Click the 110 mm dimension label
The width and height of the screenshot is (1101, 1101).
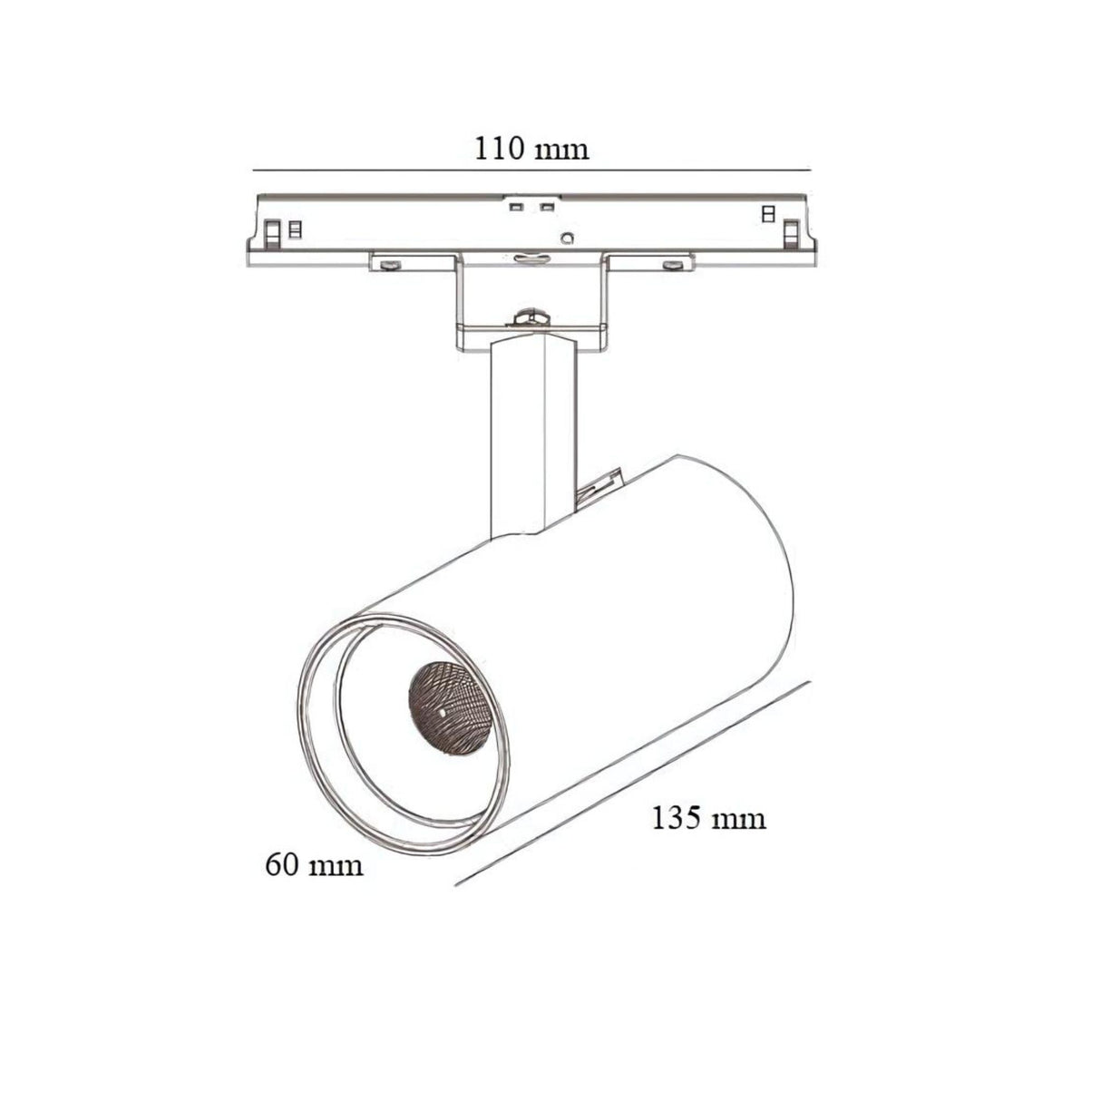coord(531,147)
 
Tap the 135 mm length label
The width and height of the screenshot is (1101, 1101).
coord(708,818)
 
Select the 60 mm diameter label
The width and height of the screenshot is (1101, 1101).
coord(314,864)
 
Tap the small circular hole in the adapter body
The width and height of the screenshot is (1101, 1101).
coord(568,239)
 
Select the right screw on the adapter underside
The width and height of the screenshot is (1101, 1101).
coord(672,265)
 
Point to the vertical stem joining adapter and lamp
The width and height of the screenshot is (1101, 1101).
coord(533,435)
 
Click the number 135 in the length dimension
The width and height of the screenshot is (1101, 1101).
coord(677,818)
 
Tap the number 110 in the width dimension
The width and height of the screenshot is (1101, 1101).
coord(500,147)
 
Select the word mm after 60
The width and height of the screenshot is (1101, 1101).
coord(337,865)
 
